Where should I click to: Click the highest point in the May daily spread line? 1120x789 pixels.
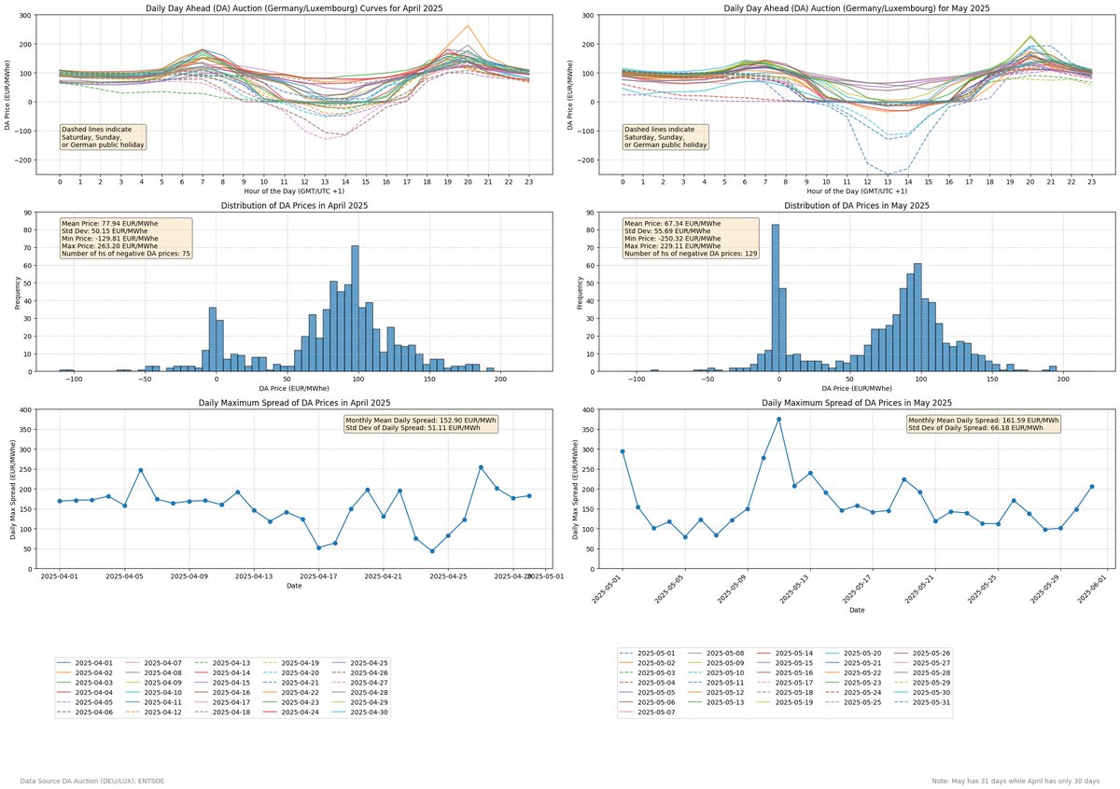778,419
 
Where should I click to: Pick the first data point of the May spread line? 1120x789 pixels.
623,451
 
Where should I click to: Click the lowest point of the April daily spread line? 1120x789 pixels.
432,551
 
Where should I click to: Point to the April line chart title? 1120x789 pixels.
294,7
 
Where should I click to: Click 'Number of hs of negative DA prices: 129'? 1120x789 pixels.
690,254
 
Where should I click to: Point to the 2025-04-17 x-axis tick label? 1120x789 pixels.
319,575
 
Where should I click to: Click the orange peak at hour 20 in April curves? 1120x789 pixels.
468,26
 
